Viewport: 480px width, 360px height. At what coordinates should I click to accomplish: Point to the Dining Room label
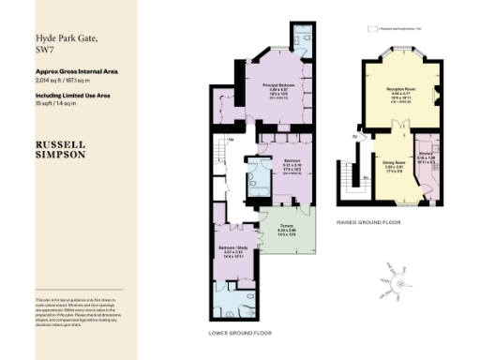(x=394, y=162)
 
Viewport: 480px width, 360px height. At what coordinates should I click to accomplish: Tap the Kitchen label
(x=425, y=152)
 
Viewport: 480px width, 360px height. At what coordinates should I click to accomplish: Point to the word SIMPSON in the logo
(x=60, y=155)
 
